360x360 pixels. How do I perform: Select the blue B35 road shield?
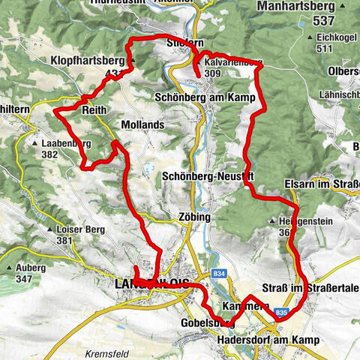point(281,313)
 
